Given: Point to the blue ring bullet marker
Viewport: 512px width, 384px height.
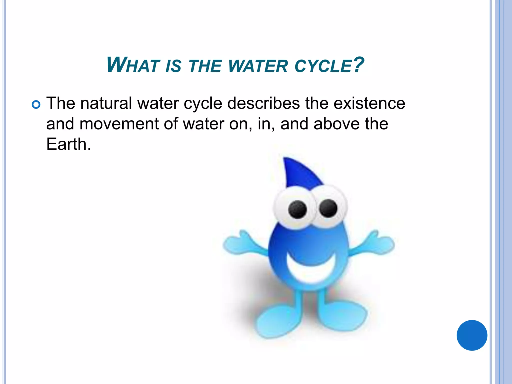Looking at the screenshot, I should (36, 104).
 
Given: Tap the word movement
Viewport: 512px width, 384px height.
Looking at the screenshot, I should (119, 124).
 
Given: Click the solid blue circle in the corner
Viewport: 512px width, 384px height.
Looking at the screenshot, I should (472, 335).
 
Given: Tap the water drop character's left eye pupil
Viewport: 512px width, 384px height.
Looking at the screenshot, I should (297, 209).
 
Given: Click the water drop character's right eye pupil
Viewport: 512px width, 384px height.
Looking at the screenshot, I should (328, 208).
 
